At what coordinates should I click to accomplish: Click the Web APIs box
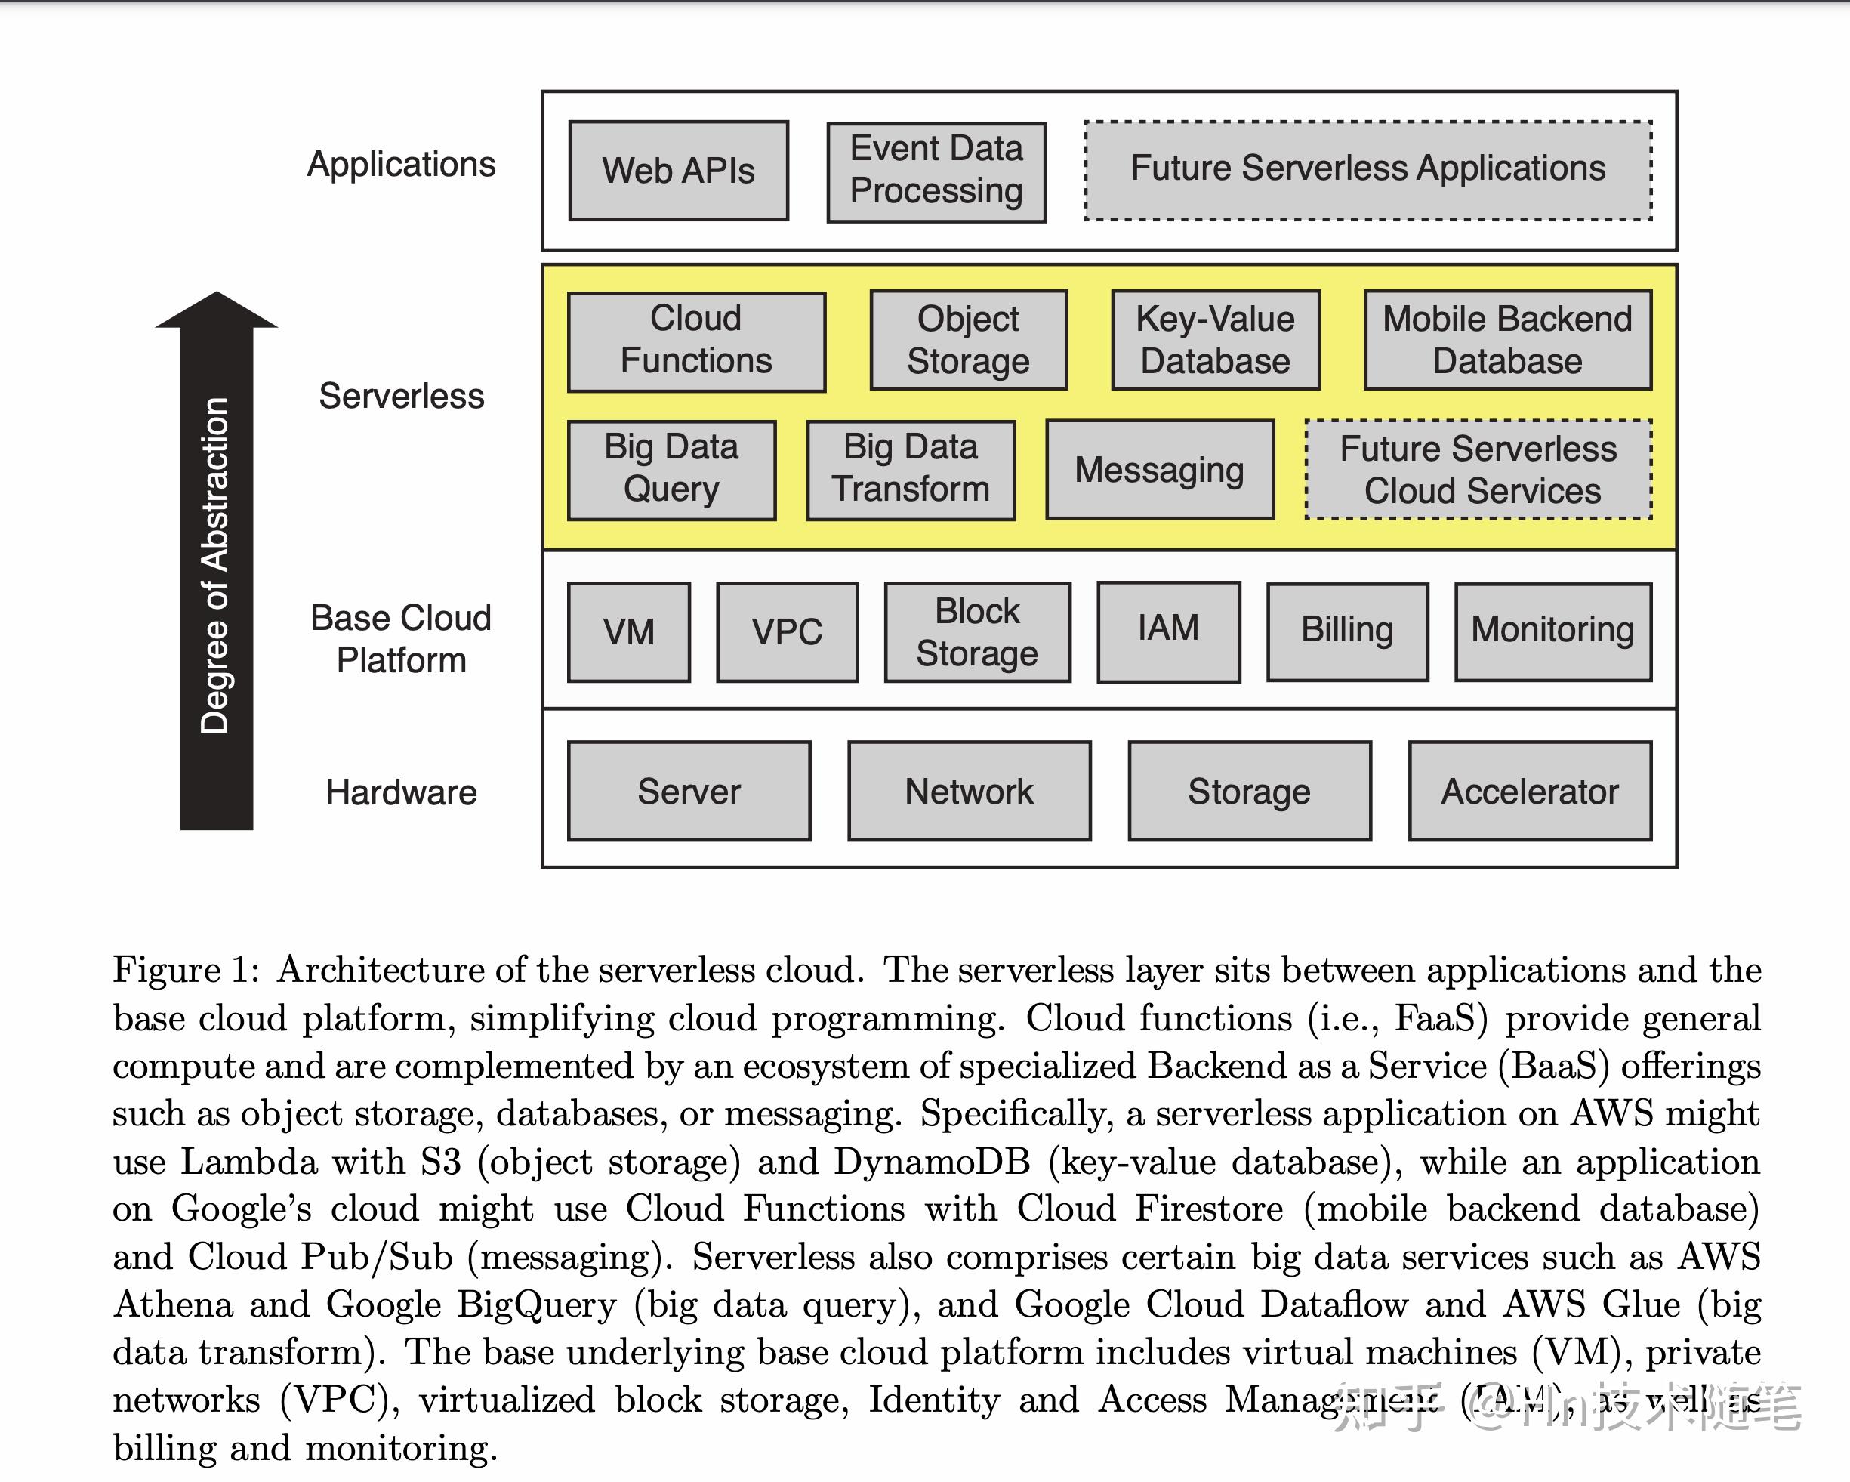[678, 171]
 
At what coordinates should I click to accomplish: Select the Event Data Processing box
[936, 171]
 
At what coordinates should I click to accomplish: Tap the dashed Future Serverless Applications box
[1367, 170]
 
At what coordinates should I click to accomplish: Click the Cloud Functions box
[696, 341]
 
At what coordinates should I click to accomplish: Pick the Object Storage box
[968, 341]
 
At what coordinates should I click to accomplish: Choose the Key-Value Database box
[1215, 341]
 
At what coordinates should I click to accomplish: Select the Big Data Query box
[671, 469]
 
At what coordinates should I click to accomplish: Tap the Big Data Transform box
[911, 469]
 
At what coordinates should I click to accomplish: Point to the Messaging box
[1159, 469]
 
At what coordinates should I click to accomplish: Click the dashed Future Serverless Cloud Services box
[1478, 469]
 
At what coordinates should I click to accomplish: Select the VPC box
[787, 632]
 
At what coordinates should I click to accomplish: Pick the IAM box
[1168, 631]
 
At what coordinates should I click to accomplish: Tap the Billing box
[1347, 631]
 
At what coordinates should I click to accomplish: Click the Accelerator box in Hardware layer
[1529, 791]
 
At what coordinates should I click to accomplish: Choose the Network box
[969, 791]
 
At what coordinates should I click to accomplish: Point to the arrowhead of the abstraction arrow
[216, 311]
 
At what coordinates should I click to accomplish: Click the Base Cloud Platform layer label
[401, 639]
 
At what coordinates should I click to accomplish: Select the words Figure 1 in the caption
[185, 971]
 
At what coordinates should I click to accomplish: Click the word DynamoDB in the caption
[931, 1162]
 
